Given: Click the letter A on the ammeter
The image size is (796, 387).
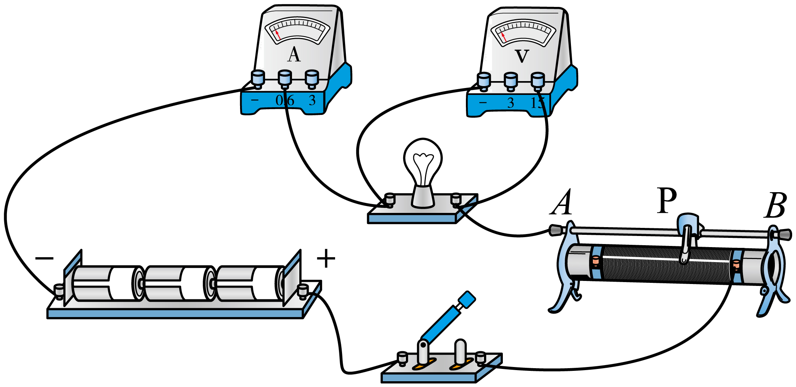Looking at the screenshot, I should click(x=294, y=55).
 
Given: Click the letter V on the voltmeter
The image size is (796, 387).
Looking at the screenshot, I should click(x=522, y=56).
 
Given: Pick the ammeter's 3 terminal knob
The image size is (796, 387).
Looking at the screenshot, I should click(x=312, y=78).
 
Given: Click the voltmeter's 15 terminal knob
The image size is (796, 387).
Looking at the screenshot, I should click(x=537, y=80).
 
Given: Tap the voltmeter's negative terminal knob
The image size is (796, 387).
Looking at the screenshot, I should click(x=484, y=80).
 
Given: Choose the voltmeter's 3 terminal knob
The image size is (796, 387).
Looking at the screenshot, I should click(x=511, y=80).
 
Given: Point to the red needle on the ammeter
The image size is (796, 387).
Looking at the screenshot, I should click(x=278, y=35).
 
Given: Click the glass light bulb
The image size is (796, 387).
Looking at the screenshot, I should click(x=423, y=161).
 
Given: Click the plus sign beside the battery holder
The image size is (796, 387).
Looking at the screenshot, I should click(x=326, y=258).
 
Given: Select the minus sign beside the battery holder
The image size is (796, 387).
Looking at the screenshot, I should click(x=44, y=257).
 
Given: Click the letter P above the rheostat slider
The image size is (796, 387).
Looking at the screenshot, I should click(x=666, y=200).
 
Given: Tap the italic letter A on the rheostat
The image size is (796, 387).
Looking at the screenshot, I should click(x=562, y=203).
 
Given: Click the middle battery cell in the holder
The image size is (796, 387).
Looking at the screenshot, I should click(x=180, y=283).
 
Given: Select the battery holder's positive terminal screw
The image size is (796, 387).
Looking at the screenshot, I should click(x=303, y=291).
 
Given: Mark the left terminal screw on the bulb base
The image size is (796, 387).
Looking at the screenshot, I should click(x=390, y=199).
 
